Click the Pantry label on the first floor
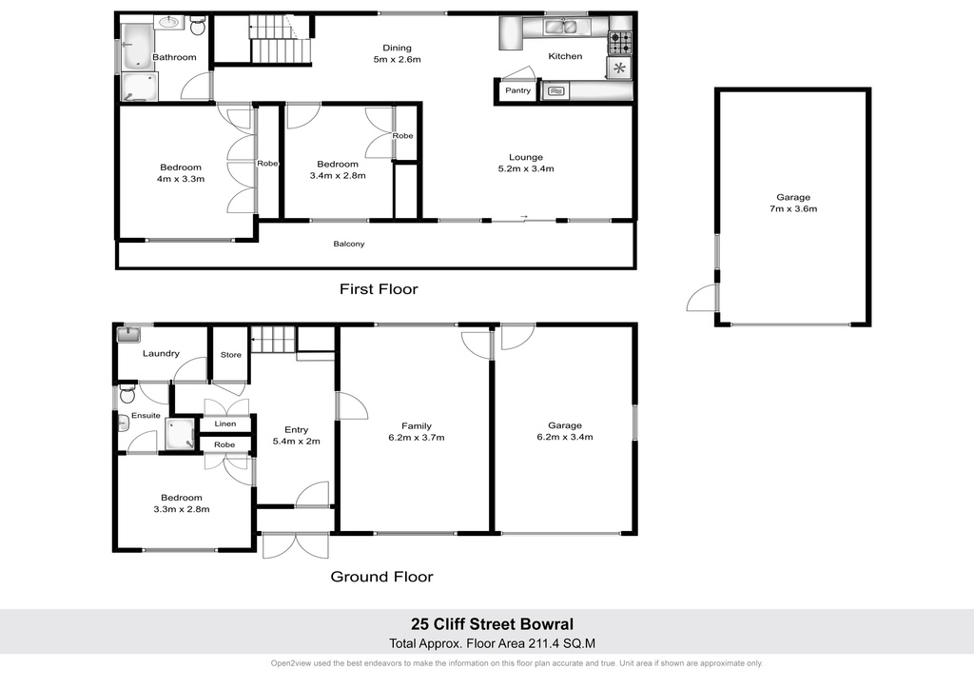(517, 90)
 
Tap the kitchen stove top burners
(619, 43)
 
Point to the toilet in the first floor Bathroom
(198, 26)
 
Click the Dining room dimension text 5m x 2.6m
(397, 60)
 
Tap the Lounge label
(526, 157)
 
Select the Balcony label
(349, 245)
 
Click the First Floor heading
(379, 289)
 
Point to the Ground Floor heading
(382, 577)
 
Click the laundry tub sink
(128, 335)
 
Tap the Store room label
(231, 355)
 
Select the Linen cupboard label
(225, 423)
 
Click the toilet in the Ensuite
(127, 394)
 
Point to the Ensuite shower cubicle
(180, 433)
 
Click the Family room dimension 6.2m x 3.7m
(417, 438)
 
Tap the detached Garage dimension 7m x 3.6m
(793, 208)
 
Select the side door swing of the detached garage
(701, 298)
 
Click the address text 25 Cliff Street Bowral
(492, 624)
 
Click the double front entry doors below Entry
(296, 545)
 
